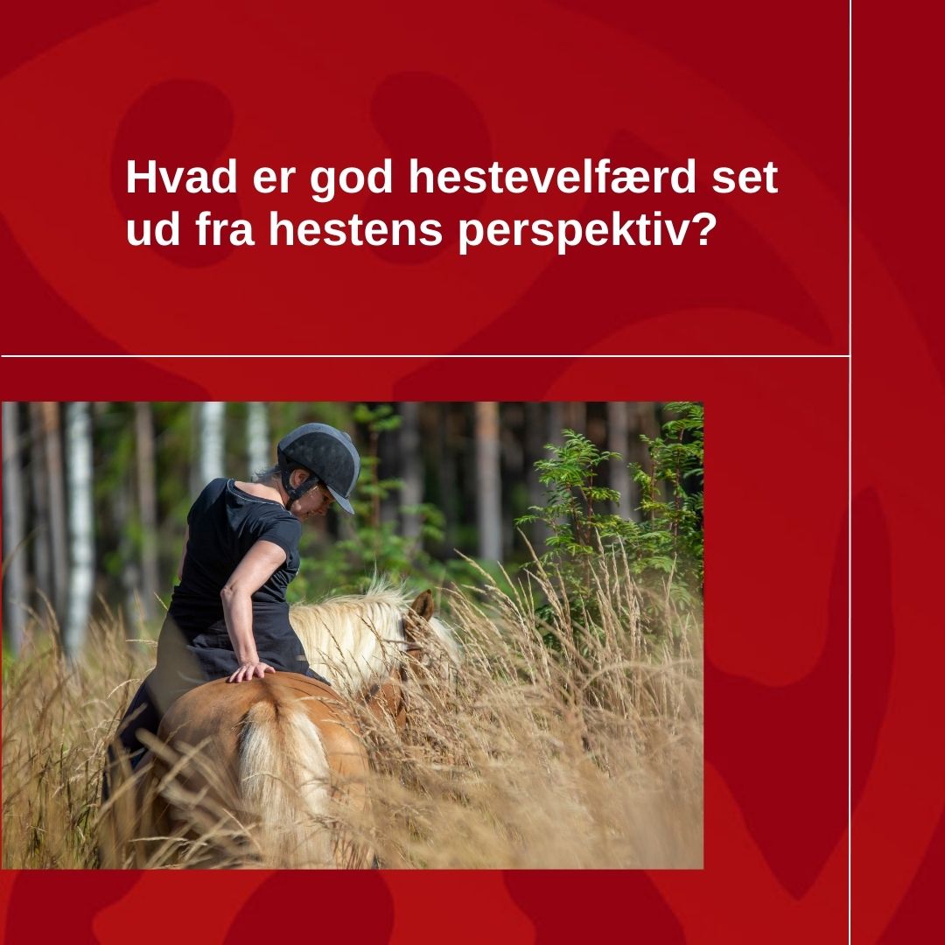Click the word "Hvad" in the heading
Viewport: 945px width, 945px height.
coord(181,177)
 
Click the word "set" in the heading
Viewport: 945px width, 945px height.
coord(745,178)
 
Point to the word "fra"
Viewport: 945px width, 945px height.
coord(224,229)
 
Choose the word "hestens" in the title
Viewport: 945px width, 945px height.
coord(355,229)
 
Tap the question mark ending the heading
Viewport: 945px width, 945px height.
coord(703,228)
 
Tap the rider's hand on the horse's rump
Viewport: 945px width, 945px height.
coord(250,671)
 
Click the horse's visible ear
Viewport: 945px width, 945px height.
coord(422,605)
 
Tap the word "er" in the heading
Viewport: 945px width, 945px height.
coord(274,181)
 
